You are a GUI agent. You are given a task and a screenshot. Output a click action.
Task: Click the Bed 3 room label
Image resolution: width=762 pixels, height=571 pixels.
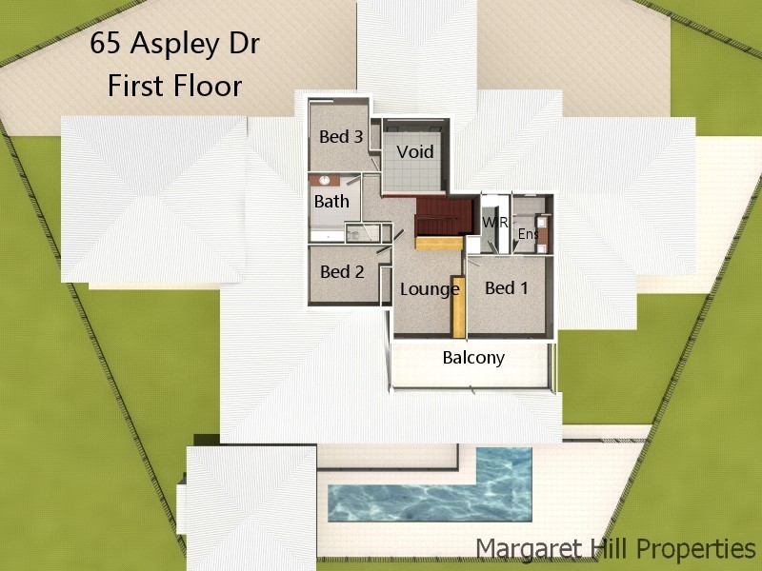tap(340, 137)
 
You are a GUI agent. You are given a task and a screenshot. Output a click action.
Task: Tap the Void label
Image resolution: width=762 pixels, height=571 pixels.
tap(415, 152)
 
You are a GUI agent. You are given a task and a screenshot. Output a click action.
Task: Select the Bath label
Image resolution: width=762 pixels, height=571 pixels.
tap(331, 201)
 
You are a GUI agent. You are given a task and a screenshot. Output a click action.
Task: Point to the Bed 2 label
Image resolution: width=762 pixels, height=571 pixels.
tap(342, 272)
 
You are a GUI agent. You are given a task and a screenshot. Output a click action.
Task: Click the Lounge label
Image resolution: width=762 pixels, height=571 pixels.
tap(430, 289)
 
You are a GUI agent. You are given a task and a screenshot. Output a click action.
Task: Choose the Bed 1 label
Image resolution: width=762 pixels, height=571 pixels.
tap(506, 287)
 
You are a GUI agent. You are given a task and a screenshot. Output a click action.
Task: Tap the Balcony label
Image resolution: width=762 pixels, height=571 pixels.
tap(473, 359)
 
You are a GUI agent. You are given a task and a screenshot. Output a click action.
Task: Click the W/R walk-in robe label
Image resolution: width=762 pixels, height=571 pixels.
tap(494, 222)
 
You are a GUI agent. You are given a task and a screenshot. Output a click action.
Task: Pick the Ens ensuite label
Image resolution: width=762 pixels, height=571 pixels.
tap(527, 234)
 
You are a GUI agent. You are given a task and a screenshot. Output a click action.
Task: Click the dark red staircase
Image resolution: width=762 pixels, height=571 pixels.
tap(444, 216)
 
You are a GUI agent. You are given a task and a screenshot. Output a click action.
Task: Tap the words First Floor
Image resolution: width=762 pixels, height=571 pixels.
tap(174, 87)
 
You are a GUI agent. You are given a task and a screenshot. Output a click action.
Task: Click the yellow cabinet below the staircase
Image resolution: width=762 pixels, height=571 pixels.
tap(438, 244)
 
